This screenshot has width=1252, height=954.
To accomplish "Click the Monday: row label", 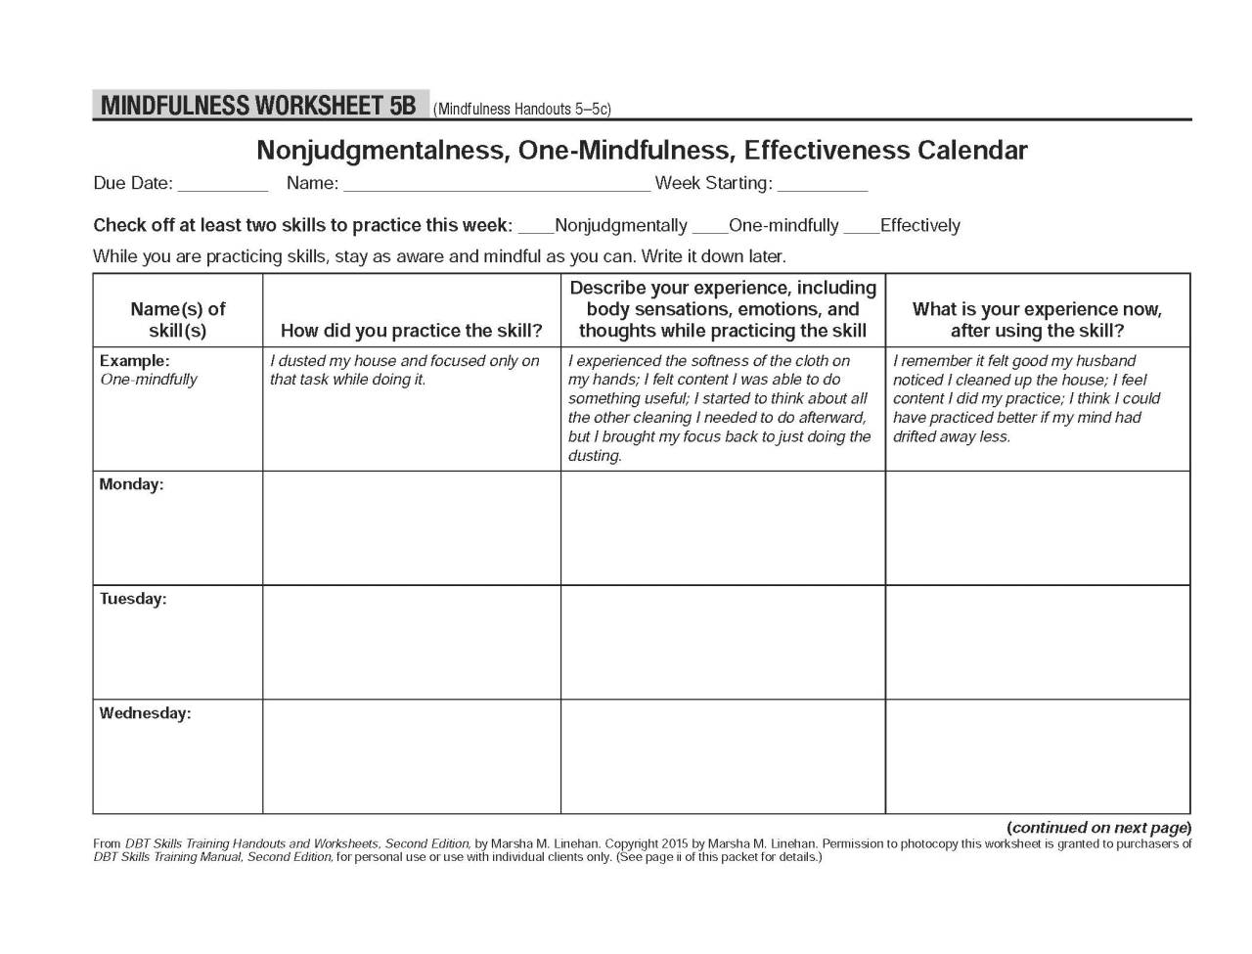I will point(131,485).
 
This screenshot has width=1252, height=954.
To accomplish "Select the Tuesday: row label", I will point(133,599).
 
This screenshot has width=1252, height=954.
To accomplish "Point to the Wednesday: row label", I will point(145,713).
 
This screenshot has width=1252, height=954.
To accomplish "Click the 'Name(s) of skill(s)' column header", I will point(177,320).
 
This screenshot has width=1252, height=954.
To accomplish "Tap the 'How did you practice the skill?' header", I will point(411,331).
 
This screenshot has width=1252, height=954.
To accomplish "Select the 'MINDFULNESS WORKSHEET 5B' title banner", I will point(259,106).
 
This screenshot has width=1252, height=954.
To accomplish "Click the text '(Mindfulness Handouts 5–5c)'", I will point(522,110).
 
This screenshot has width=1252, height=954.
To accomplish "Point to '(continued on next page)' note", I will point(1098,828).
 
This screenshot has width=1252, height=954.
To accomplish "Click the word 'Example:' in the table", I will point(134,361).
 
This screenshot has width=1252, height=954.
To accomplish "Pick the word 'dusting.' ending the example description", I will point(595,456).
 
